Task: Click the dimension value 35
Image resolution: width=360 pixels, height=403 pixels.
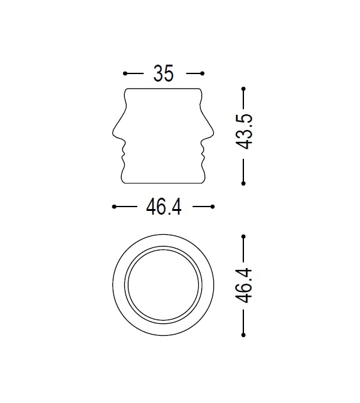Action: (163, 73)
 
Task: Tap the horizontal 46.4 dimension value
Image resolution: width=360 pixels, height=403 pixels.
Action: (164, 207)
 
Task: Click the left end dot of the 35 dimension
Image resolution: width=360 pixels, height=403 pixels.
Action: (125, 73)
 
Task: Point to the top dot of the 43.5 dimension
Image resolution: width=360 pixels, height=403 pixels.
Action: (243, 90)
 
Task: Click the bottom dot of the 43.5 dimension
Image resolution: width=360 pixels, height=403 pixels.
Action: (243, 183)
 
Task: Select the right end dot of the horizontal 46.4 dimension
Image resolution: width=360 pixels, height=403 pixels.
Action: (213, 207)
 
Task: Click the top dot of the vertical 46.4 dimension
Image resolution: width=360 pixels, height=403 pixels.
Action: (243, 236)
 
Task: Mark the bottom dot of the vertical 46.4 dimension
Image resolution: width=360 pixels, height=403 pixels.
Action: (243, 334)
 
